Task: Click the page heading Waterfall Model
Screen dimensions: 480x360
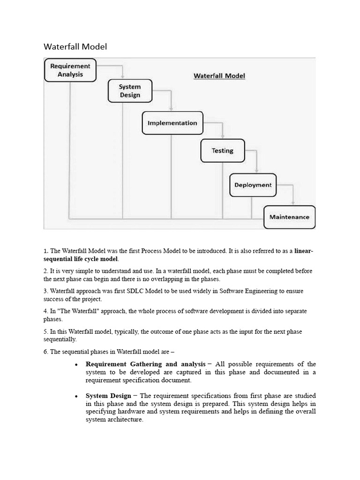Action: click(75, 46)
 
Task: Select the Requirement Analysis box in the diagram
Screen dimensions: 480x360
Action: click(70, 70)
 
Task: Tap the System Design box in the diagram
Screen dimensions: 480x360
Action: click(130, 91)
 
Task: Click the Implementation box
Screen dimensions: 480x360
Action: click(172, 123)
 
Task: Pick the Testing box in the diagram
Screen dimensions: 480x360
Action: click(222, 151)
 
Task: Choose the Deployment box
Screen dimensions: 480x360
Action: click(253, 185)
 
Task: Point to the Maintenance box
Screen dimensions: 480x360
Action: click(289, 217)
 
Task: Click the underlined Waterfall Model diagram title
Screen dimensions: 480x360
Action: click(219, 75)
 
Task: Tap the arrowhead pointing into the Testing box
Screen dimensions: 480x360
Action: click(222, 136)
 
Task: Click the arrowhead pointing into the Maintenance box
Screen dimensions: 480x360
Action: click(293, 202)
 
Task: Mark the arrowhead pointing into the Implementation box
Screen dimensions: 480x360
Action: click(171, 108)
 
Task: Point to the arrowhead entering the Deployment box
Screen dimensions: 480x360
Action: click(256, 171)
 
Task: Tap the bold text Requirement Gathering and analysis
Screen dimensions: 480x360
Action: click(145, 364)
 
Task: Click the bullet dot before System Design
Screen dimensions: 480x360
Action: click(76, 397)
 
